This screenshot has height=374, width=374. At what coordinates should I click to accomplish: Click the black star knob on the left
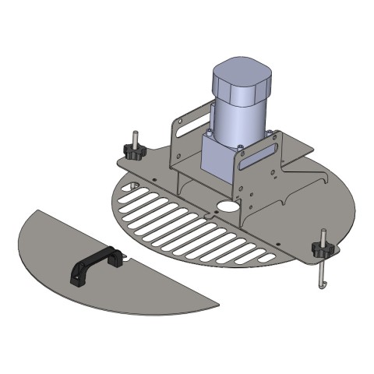coord(132,151)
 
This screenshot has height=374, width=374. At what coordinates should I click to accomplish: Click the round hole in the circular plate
coord(227,208)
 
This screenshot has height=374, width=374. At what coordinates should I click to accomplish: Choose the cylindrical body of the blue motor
coord(238,117)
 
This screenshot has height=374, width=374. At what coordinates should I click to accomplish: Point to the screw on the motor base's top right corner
coord(270,134)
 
